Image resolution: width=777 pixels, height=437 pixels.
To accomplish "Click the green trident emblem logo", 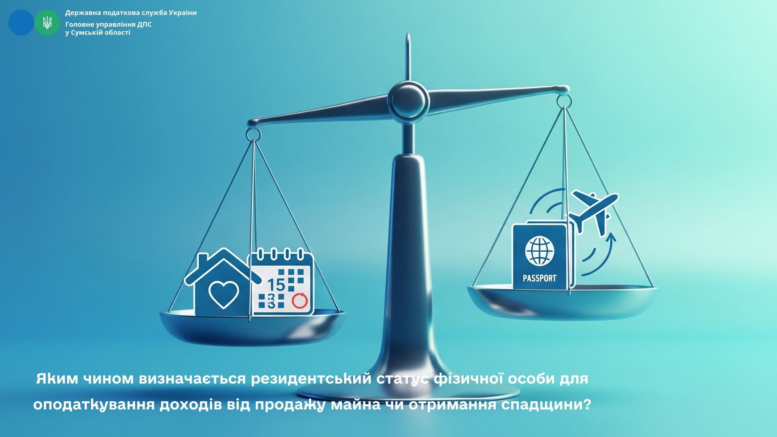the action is (x=47, y=23).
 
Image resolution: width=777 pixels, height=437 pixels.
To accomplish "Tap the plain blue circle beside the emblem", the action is (x=21, y=23).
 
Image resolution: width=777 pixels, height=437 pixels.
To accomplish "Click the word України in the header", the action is (x=183, y=13).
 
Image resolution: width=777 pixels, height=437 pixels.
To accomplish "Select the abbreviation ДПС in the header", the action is (x=144, y=24).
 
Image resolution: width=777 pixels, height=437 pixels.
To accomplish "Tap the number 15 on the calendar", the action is (x=276, y=285).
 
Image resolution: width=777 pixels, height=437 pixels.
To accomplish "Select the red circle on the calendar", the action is (x=300, y=301).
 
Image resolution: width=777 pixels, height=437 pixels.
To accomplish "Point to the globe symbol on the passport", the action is (x=539, y=251).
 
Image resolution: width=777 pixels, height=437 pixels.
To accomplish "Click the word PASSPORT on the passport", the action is (x=539, y=278).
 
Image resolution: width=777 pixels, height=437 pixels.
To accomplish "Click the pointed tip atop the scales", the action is (x=409, y=36).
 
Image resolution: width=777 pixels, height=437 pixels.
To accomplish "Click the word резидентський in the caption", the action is (x=311, y=379).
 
